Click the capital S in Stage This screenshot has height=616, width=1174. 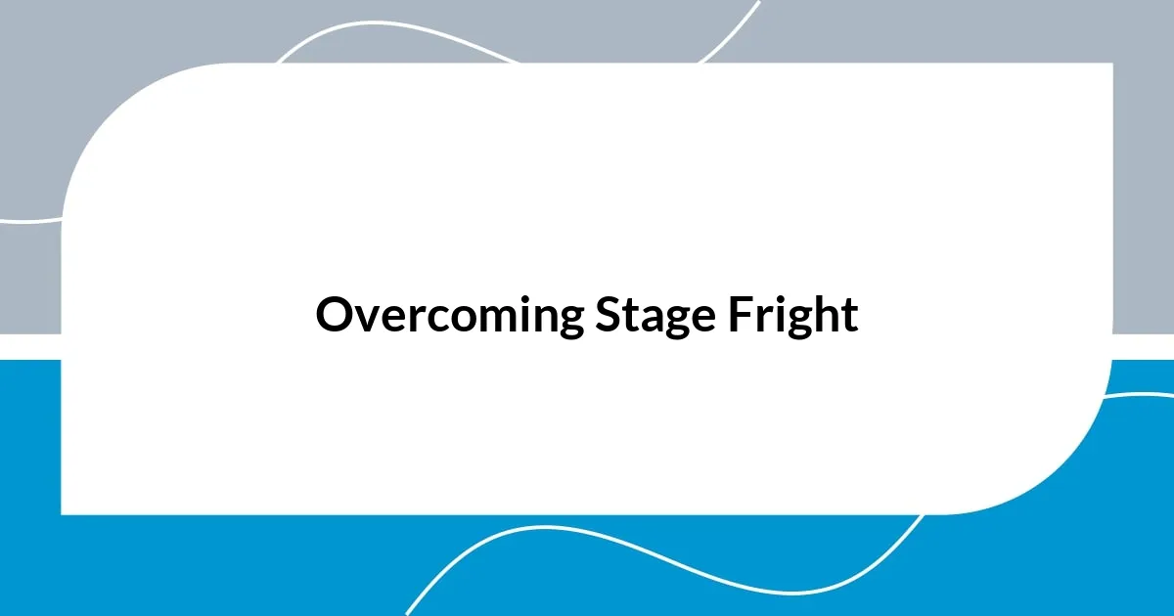point(604,315)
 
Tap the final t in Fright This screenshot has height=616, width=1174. point(849,317)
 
